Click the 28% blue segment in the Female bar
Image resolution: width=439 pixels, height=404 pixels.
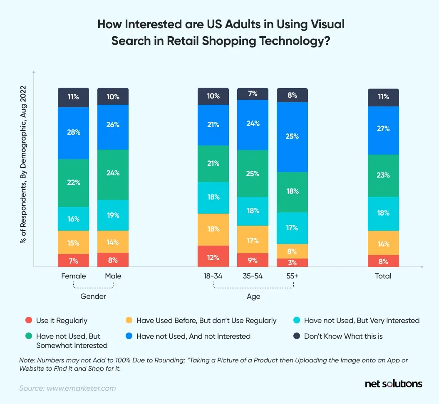coord(73,133)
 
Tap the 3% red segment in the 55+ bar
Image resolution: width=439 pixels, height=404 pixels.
coord(292,263)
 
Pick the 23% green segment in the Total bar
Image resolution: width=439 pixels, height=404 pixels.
coord(383,175)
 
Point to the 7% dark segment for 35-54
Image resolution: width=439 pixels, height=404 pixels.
coord(253,94)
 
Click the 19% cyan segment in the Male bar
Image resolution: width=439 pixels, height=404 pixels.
coord(113,215)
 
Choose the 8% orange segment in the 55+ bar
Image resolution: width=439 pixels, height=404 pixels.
coord(292,251)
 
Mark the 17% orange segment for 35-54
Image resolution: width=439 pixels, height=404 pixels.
coord(253,240)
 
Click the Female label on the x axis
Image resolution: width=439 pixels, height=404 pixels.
coord(73,276)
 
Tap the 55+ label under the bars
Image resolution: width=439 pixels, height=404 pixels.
coord(292,276)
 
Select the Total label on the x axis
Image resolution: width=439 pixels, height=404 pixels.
coord(383,276)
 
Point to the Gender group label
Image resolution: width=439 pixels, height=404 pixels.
coord(93,296)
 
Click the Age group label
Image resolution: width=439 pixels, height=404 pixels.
coord(253,296)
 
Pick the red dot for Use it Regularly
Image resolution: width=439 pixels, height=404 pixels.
coord(28,320)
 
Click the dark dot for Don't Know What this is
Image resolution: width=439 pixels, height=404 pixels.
coord(296,336)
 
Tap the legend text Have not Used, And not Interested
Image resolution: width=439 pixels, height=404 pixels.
coord(193,336)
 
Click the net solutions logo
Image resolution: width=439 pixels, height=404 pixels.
coord(393,384)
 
